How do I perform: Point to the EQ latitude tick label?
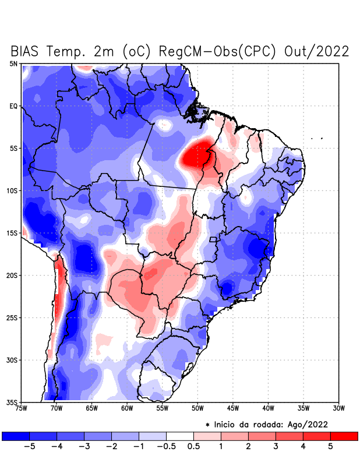coord(13,106)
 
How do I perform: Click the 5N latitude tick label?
coord(13,63)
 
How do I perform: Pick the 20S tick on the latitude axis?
coord(12,276)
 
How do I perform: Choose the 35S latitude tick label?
coord(12,403)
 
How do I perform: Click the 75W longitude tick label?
coord(22,408)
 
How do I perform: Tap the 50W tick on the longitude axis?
coord(197,408)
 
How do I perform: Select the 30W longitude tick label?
coord(338,408)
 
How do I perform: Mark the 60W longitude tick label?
coord(127,408)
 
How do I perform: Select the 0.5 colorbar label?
coord(193,446)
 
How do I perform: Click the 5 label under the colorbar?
coord(330,446)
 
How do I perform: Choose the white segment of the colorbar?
coord(180,436)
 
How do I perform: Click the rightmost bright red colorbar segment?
coord(344,436)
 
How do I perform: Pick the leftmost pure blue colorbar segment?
coord(16,436)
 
